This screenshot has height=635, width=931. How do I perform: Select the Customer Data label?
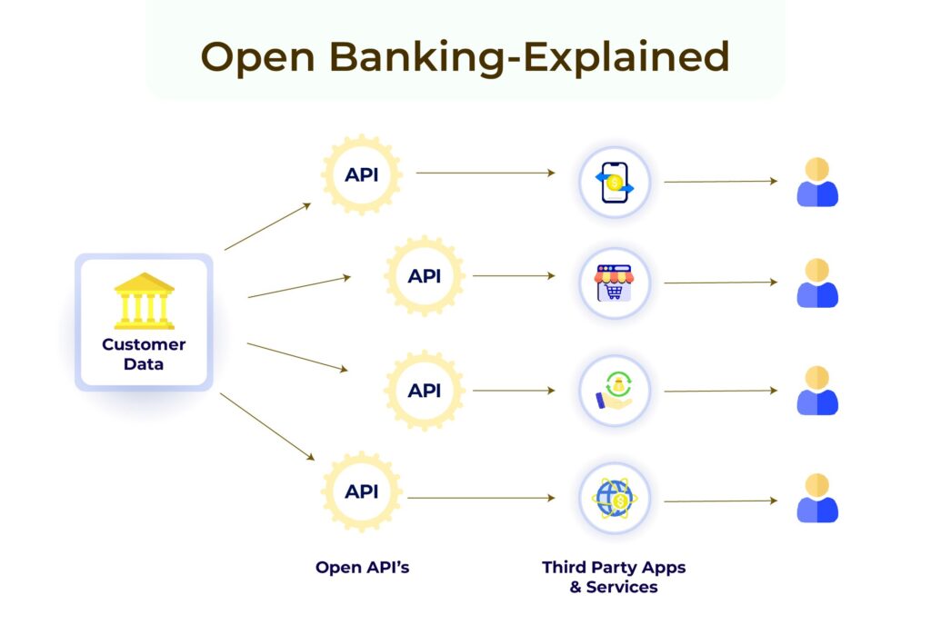pyautogui.click(x=144, y=354)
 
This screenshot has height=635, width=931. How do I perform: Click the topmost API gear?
pyautogui.click(x=362, y=174)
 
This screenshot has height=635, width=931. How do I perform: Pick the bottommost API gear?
pyautogui.click(x=362, y=491)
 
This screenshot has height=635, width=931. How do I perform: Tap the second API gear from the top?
pyautogui.click(x=425, y=275)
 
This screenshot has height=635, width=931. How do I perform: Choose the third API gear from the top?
pyautogui.click(x=425, y=391)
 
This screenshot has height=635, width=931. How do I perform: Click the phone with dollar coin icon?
pyautogui.click(x=615, y=183)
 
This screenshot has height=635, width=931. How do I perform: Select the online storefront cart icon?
pyautogui.click(x=615, y=283)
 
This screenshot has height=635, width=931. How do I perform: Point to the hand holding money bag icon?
pyautogui.click(x=615, y=391)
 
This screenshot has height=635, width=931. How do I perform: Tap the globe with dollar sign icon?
pyautogui.click(x=615, y=499)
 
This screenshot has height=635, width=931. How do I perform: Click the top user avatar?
pyautogui.click(x=817, y=183)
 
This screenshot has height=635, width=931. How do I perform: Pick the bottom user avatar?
pyautogui.click(x=817, y=498)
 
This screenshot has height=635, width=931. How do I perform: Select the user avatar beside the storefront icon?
pyautogui.click(x=817, y=283)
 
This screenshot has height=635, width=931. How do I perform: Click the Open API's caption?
pyautogui.click(x=362, y=567)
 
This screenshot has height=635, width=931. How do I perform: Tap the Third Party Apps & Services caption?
pyautogui.click(x=614, y=577)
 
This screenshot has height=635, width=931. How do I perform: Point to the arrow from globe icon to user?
pyautogui.click(x=720, y=500)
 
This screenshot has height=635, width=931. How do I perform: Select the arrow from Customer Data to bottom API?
pyautogui.click(x=267, y=426)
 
